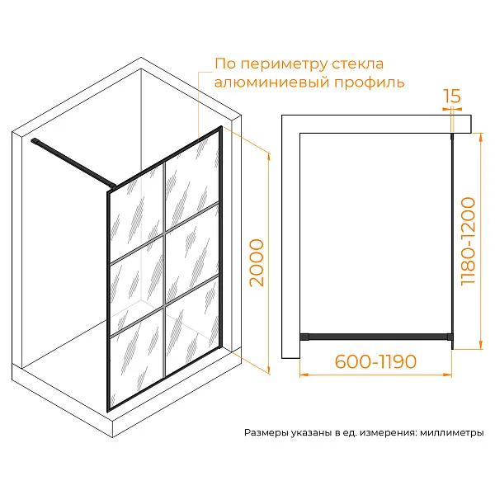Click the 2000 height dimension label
click(x=257, y=263)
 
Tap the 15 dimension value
click(x=452, y=96)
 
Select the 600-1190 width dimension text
click(x=375, y=361)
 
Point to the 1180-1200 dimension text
click(x=468, y=242)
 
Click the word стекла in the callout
click(x=358, y=64)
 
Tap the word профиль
click(x=369, y=83)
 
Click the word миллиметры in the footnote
click(x=452, y=432)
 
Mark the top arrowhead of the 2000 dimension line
click(x=269, y=156)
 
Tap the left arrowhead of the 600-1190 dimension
click(x=304, y=375)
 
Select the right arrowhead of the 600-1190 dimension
click(x=448, y=375)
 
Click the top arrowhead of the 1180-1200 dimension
click(x=481, y=137)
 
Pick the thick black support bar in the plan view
click(x=376, y=337)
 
